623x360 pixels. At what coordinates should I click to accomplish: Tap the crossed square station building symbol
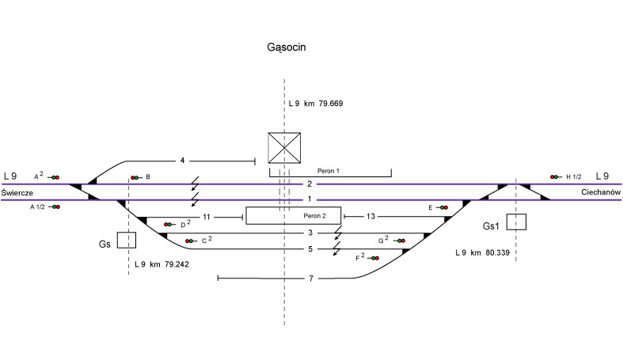[284, 148]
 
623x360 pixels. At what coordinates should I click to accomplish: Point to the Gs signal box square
[126, 240]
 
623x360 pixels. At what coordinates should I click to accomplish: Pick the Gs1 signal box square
[516, 222]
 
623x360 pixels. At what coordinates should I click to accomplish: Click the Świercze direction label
[17, 192]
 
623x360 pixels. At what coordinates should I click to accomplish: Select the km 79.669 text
[315, 104]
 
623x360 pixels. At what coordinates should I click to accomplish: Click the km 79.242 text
[161, 263]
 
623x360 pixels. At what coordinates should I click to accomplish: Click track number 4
[182, 161]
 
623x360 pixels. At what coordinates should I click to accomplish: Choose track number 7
[312, 279]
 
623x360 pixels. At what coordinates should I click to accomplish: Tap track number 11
[207, 216]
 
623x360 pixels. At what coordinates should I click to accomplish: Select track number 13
[370, 216]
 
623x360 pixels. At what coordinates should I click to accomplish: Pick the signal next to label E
[443, 207]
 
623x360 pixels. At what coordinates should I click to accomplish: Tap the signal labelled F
[372, 258]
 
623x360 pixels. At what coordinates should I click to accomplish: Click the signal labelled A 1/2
[55, 207]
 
